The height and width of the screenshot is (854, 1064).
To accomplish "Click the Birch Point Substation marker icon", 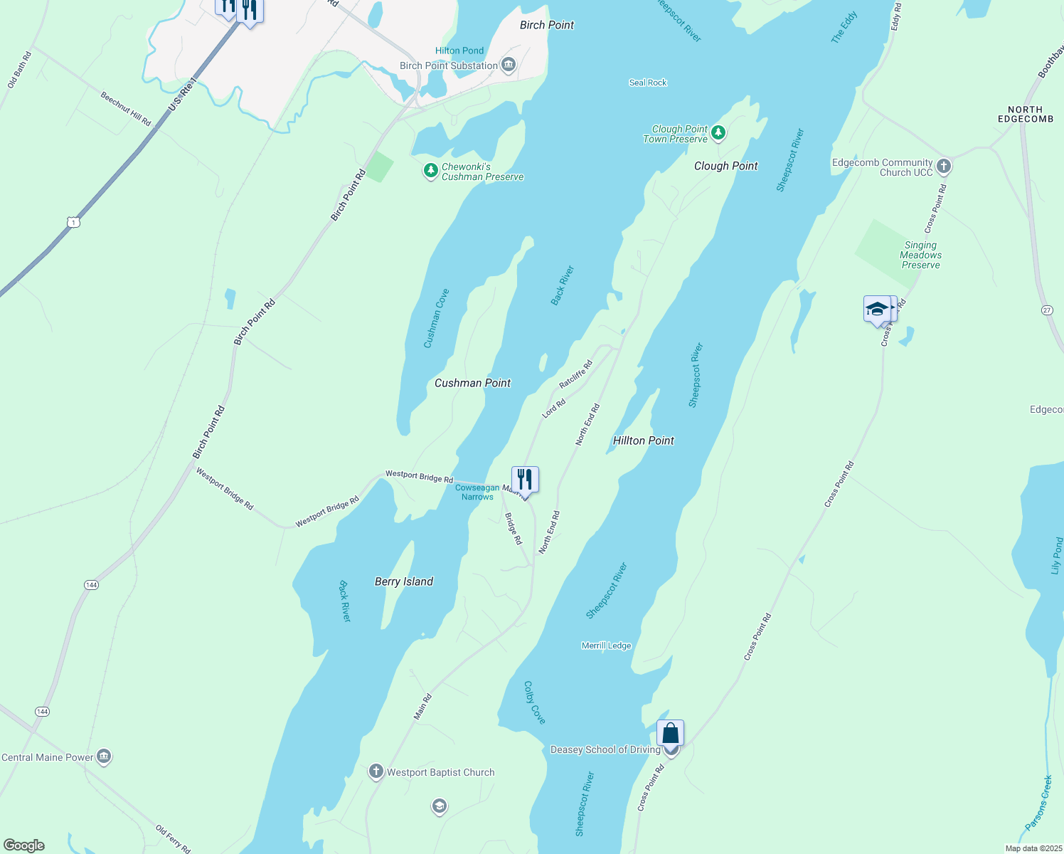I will click(x=509, y=65).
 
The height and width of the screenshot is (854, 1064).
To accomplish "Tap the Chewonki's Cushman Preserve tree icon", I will click(x=430, y=171).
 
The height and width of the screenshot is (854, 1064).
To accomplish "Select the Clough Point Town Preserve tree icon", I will click(x=718, y=132).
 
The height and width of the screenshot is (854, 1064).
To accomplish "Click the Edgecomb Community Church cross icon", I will click(x=944, y=167).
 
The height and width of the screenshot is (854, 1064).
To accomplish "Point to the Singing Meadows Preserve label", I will click(x=920, y=255).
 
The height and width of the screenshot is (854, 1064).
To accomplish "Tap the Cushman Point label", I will click(x=472, y=383).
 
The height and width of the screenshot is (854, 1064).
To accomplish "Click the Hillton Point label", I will click(x=643, y=441).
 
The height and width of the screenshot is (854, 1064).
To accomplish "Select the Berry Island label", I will click(x=403, y=581).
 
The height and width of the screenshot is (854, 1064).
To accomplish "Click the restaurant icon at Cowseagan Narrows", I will click(x=525, y=480).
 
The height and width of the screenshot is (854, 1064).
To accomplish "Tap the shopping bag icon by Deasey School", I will click(x=670, y=733).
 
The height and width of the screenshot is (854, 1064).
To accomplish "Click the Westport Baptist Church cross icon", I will click(x=376, y=771).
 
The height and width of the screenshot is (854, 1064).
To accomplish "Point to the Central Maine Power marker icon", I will click(x=104, y=756).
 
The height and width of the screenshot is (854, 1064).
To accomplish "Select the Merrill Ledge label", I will click(x=606, y=645).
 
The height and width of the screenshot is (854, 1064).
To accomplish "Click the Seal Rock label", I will click(x=648, y=83).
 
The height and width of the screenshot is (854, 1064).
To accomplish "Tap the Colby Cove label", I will click(x=534, y=702).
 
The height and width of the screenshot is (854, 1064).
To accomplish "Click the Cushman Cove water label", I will click(x=436, y=318).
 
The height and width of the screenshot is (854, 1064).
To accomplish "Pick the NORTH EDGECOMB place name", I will click(x=1025, y=115).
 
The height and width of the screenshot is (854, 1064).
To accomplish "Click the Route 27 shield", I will click(x=1047, y=310).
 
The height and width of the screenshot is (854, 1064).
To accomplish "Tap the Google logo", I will click(x=24, y=845).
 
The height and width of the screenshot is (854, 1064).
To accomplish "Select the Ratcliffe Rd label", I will click(x=575, y=374).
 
